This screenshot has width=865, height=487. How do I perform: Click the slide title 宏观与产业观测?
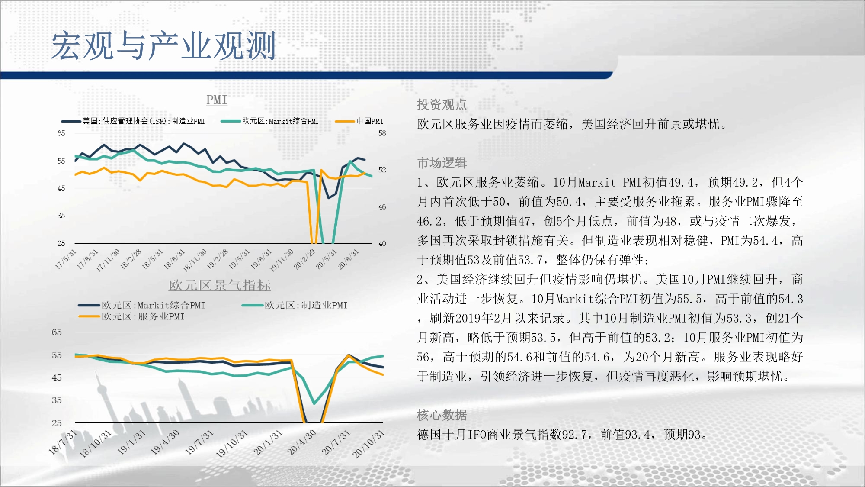coord(163,46)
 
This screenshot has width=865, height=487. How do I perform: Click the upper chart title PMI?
coord(217,100)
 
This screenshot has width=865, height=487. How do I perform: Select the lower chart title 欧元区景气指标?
coord(220,285)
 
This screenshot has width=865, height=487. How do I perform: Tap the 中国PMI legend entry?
coord(360,121)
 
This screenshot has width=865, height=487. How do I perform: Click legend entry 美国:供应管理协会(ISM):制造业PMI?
coord(133,121)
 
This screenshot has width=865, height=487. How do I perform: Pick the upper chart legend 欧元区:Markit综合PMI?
coord(269,121)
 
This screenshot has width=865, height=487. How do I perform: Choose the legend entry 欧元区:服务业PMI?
coord(131,316)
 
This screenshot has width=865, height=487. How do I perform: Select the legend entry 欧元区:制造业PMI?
coord(295,305)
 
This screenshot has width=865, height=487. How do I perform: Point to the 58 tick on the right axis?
coord(382,133)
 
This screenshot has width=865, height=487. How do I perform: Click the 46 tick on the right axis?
coord(382,207)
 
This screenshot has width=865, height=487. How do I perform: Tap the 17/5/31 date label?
coord(65,259)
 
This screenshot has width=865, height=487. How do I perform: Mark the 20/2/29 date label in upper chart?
coord(304,259)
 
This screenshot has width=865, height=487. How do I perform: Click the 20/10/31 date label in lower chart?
coord(368,444)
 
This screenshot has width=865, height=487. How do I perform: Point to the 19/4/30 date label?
coord(165,442)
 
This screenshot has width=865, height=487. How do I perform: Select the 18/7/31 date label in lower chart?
coord(63,442)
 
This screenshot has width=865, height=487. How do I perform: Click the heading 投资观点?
coord(442,104)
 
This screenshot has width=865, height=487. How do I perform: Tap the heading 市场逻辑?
coord(442,163)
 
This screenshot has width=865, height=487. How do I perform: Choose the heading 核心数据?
coord(442,415)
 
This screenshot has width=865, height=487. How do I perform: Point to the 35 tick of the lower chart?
coord(57,400)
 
